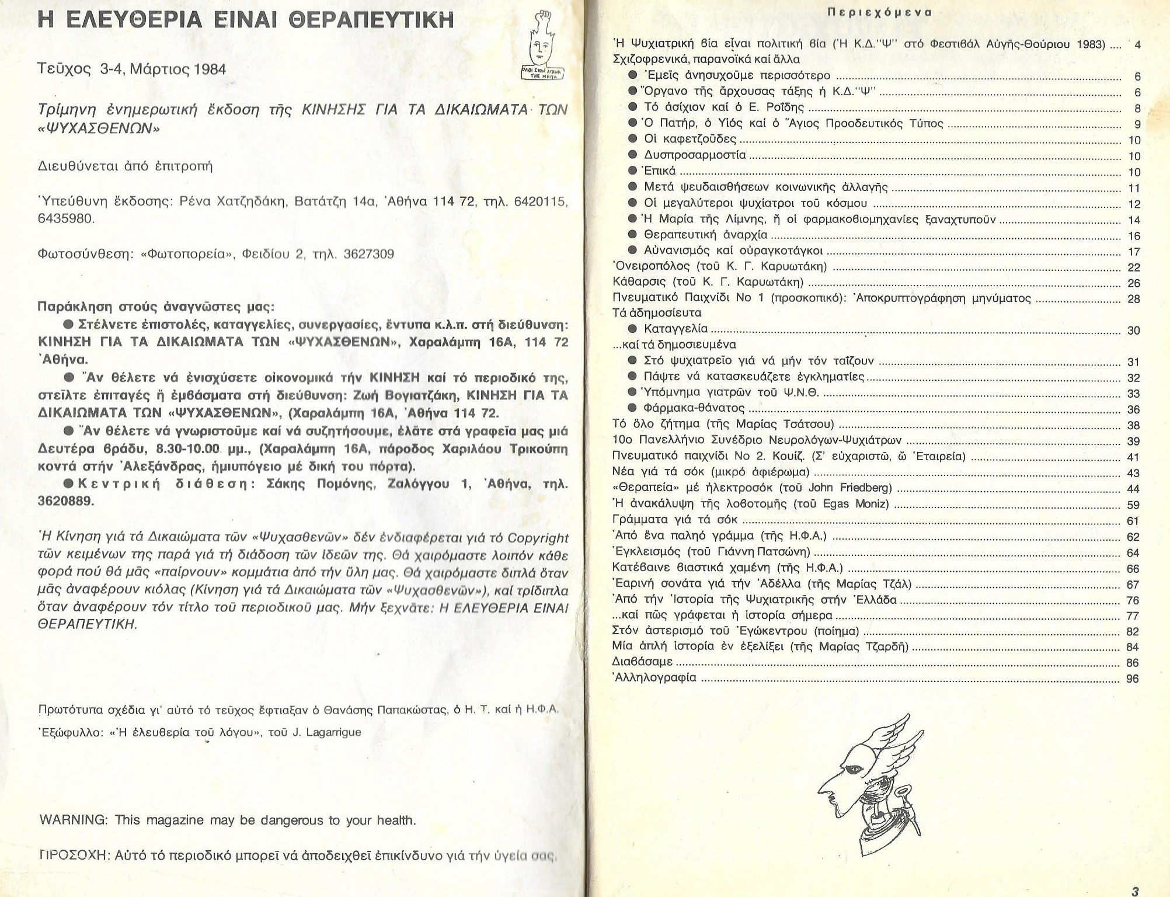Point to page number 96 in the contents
[x=1132, y=679]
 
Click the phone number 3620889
[x=66, y=501]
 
